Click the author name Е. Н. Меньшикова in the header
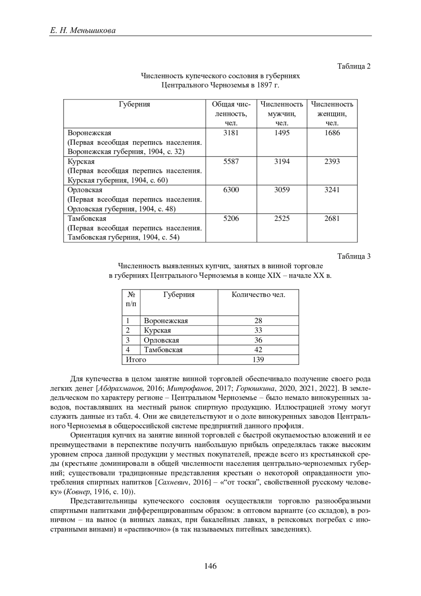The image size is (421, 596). pyautogui.click(x=83, y=31)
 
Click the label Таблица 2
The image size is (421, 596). pyautogui.click(x=354, y=66)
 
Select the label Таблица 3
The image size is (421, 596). pyautogui.click(x=354, y=256)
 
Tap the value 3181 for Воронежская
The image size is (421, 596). pyautogui.click(x=231, y=133)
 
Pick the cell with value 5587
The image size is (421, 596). pyautogui.click(x=231, y=162)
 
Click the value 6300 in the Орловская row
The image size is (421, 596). pyautogui.click(x=231, y=190)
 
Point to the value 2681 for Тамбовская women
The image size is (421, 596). pyautogui.click(x=332, y=218)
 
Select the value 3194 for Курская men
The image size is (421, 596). pyautogui.click(x=282, y=162)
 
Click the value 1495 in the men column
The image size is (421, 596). pyautogui.click(x=282, y=133)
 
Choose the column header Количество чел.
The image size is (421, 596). pyautogui.click(x=258, y=295)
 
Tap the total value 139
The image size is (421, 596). pyautogui.click(x=258, y=360)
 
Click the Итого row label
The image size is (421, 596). pyautogui.click(x=136, y=360)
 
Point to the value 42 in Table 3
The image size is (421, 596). pyautogui.click(x=258, y=350)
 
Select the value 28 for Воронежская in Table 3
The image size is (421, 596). pyautogui.click(x=258, y=321)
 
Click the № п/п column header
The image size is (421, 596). pyautogui.click(x=131, y=299)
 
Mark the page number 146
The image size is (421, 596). pyautogui.click(x=210, y=566)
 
